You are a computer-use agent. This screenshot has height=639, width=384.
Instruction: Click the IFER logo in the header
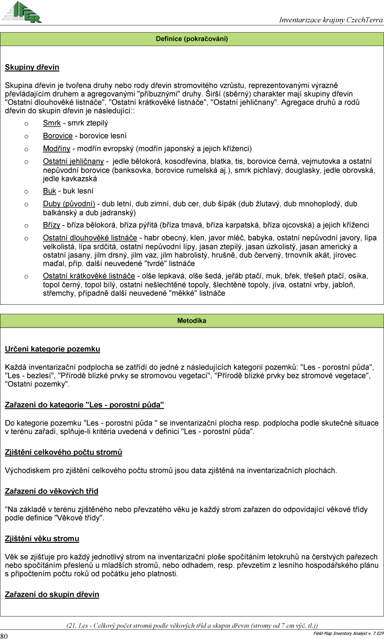coord(22,12)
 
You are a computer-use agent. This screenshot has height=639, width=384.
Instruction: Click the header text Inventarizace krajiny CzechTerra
coord(331,20)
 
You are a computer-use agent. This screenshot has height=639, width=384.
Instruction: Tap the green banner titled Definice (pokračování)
coord(192,39)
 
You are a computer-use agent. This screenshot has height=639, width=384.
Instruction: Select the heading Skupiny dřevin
coord(32,67)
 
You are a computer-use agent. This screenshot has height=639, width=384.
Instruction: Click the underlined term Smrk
coord(52,123)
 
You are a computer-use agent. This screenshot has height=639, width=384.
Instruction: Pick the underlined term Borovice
coord(57,136)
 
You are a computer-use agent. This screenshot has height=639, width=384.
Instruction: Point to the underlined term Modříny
coord(57,148)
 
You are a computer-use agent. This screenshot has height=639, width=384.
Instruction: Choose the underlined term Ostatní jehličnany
coord(73,161)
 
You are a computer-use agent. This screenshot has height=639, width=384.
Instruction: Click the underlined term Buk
coord(49,191)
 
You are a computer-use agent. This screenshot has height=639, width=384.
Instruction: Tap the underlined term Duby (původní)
coord(69,204)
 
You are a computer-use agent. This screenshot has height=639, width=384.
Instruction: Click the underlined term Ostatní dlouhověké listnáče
coord(90,238)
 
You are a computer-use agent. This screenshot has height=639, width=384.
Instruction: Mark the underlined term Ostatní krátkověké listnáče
coord(89,276)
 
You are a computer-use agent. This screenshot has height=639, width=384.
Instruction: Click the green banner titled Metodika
coord(192,321)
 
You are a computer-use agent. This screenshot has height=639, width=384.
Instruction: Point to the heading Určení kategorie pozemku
coord(53,349)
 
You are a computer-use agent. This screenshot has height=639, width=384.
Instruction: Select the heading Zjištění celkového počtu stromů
coord(63,452)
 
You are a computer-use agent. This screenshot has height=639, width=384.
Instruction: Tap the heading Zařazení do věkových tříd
coord(51,491)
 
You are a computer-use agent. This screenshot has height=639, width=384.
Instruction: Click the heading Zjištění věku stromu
coord(42,538)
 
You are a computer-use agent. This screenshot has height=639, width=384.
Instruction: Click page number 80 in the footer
coord(4,635)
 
